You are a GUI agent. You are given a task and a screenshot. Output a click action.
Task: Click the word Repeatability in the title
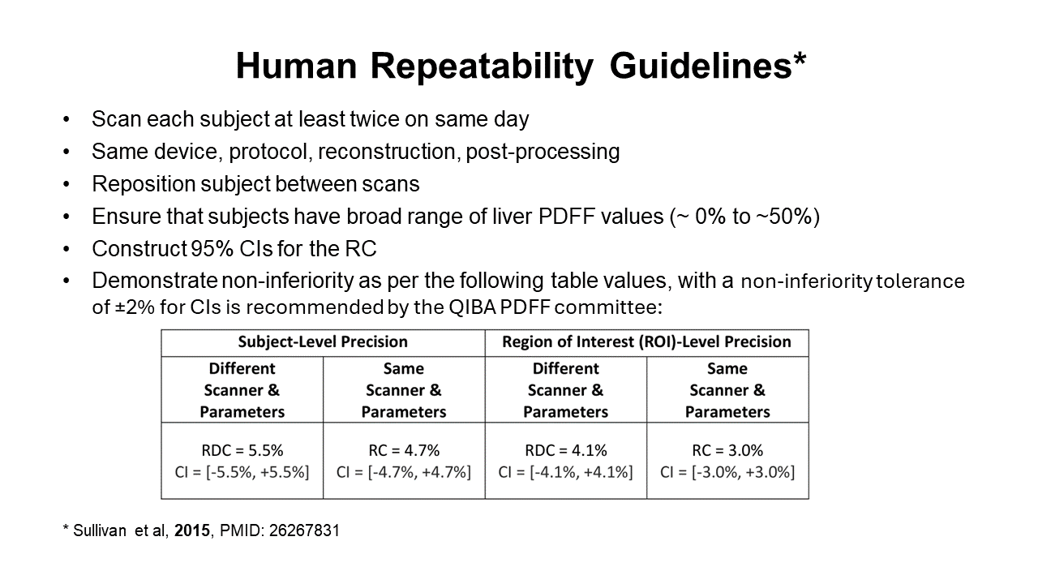click(482, 67)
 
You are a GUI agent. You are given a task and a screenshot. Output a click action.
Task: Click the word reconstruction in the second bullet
click(387, 152)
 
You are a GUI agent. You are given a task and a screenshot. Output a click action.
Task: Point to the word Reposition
click(146, 184)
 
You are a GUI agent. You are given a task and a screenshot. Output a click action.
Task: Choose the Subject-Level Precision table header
click(323, 341)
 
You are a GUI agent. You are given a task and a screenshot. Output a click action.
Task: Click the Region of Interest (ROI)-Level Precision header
click(646, 341)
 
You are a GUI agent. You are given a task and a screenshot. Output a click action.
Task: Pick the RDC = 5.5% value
click(242, 450)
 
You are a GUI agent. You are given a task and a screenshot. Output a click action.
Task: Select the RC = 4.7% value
click(404, 450)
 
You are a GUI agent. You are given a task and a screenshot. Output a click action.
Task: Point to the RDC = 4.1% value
click(566, 450)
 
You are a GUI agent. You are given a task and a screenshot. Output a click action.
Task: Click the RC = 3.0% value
click(727, 450)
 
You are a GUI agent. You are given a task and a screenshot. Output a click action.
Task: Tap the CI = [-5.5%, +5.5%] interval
click(242, 472)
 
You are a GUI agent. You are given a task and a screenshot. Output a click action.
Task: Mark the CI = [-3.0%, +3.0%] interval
click(727, 472)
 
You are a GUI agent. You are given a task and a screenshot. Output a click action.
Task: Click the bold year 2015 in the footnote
click(192, 530)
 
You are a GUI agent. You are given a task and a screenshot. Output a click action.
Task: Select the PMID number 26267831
click(304, 530)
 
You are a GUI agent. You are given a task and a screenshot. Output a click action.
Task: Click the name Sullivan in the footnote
click(100, 530)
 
